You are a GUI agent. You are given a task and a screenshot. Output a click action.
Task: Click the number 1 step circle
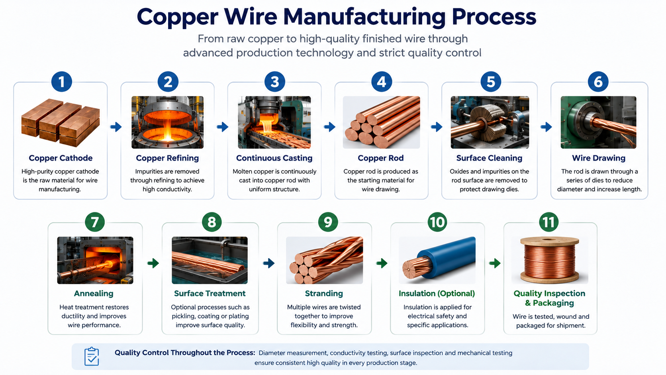click(x=62, y=82)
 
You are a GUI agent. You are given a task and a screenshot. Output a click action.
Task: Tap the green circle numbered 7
click(x=94, y=222)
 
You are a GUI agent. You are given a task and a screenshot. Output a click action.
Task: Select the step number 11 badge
click(x=548, y=222)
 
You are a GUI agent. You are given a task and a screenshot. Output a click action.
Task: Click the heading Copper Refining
click(x=167, y=158)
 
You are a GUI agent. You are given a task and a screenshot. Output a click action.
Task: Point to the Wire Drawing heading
click(x=599, y=158)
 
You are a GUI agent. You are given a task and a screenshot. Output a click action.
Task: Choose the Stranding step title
click(x=324, y=294)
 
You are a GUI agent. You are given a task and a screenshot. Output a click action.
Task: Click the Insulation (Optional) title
click(x=437, y=294)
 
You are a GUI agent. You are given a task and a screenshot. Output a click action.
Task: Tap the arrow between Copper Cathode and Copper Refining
click(x=116, y=127)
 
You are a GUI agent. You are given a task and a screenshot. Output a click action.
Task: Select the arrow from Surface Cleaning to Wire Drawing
click(x=546, y=127)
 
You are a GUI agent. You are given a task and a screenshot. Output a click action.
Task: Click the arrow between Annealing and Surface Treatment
click(x=153, y=263)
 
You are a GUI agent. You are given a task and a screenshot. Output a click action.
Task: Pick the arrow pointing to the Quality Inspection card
click(x=495, y=263)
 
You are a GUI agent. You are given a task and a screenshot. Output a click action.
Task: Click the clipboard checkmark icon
click(x=92, y=356)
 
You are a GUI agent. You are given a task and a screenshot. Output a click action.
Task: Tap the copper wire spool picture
click(x=550, y=260)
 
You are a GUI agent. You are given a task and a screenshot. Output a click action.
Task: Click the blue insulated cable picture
click(x=437, y=260)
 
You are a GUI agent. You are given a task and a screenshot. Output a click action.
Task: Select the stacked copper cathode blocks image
click(x=61, y=122)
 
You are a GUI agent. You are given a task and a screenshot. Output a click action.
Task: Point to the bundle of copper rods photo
click(x=382, y=122)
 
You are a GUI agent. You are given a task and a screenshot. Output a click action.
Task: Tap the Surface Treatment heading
click(x=210, y=294)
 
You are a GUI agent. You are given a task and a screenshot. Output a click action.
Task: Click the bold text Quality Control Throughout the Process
click(x=185, y=353)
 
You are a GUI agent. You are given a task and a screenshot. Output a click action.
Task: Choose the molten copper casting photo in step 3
click(x=274, y=122)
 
